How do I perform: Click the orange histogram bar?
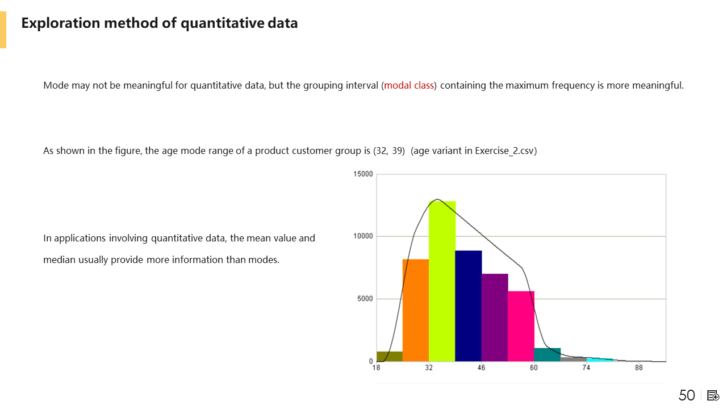point(416,310)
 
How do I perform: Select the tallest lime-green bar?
point(442,281)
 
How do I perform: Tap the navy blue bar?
point(469,306)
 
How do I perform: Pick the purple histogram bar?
point(495,318)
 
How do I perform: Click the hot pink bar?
point(521,326)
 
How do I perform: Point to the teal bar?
point(547,355)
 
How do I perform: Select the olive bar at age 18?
point(390,356)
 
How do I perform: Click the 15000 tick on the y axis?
point(363,174)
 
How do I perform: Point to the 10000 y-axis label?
point(363,236)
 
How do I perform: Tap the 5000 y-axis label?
point(365,299)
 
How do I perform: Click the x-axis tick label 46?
point(481,368)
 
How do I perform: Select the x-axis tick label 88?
point(639,368)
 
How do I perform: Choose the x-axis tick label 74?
point(586,368)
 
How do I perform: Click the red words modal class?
point(409,85)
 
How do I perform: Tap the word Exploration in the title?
point(61,23)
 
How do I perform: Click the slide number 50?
point(687,395)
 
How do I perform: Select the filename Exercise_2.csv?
point(504,151)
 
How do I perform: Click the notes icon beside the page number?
point(713,396)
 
